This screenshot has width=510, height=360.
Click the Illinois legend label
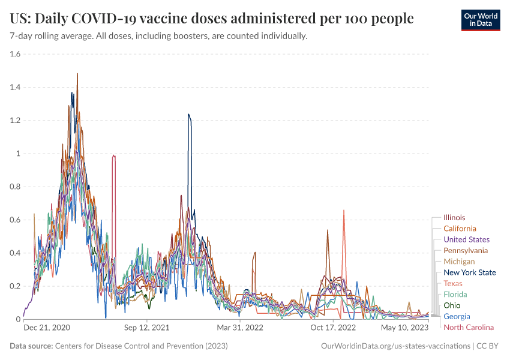point(454,218)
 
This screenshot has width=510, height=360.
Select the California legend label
point(460,229)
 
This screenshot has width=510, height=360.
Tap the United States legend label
point(466,239)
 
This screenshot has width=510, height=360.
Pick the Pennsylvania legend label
point(466,250)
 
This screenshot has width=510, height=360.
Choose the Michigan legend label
point(459,262)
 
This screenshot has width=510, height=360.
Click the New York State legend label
point(470,272)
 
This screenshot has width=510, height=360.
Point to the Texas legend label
point(453,283)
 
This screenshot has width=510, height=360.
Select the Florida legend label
point(455,294)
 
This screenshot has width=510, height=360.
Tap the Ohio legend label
point(452,305)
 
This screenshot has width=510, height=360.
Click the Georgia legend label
point(457,316)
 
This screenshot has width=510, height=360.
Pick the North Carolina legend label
point(469,327)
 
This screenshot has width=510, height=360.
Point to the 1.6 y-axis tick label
point(15,54)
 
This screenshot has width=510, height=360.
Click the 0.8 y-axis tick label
point(15,187)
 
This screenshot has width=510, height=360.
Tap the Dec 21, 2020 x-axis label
point(47,328)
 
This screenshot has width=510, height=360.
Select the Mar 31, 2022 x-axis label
point(240,328)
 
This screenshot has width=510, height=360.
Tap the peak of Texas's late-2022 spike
point(344,210)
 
